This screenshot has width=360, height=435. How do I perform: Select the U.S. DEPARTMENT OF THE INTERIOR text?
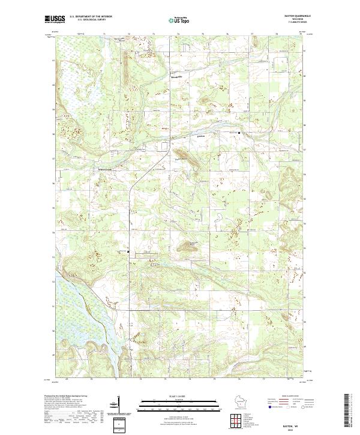pos(90,16)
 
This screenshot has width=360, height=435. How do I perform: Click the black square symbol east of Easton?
pos(240,132)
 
